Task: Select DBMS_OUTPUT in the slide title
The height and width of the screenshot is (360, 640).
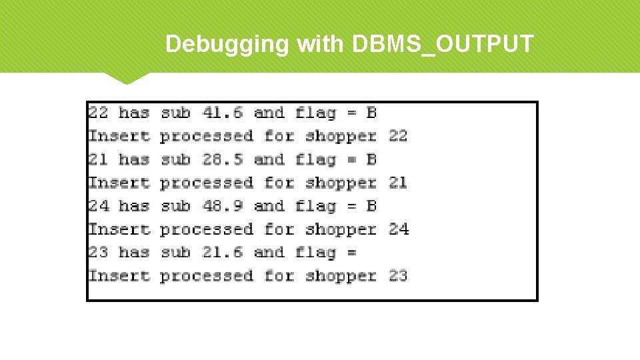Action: (x=441, y=45)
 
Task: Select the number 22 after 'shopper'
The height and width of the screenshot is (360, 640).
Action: (x=398, y=136)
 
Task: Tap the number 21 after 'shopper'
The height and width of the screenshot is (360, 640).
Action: (x=398, y=183)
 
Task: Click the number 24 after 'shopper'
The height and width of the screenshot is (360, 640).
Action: (x=398, y=229)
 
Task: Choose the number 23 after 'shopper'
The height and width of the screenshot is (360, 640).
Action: (x=398, y=275)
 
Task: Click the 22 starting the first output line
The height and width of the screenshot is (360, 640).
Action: (x=98, y=113)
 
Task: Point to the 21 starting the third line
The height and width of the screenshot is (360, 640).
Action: (x=98, y=159)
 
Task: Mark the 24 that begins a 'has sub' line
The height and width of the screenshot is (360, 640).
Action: (x=98, y=206)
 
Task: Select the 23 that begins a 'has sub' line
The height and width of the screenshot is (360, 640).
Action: (x=98, y=252)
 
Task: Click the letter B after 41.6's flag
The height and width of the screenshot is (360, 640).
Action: (x=371, y=113)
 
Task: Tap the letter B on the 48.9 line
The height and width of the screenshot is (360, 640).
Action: (x=371, y=206)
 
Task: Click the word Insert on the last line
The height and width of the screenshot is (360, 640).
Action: (x=119, y=275)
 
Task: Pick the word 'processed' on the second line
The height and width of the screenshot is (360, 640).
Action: (x=207, y=137)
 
